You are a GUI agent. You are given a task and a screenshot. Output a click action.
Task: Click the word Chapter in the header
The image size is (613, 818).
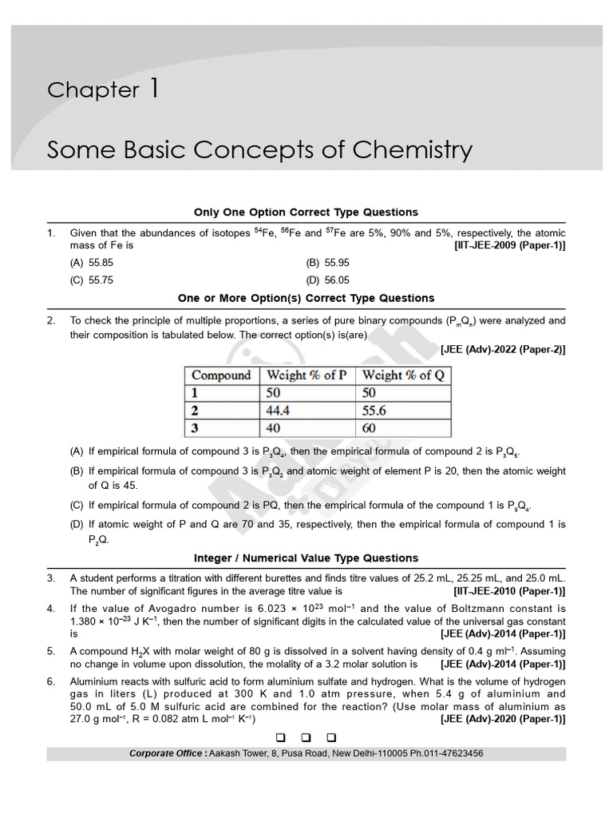click(93, 90)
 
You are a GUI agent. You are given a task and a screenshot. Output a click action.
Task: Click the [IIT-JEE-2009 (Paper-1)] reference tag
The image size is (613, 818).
click(509, 246)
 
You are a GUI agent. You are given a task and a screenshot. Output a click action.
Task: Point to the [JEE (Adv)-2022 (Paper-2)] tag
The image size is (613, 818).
click(503, 350)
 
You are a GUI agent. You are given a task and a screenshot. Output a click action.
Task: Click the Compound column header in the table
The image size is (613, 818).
click(221, 375)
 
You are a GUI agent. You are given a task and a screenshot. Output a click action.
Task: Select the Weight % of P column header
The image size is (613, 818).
click(306, 375)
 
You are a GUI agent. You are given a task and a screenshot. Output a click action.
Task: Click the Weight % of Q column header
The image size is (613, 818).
click(403, 375)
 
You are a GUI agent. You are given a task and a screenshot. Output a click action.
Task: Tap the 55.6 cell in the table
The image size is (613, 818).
click(375, 411)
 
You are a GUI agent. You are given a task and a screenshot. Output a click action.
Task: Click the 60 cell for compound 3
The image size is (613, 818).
click(370, 428)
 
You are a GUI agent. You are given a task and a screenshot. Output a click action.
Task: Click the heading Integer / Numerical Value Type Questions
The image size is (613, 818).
click(306, 558)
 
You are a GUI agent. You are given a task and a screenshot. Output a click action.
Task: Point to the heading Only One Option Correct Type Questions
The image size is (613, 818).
click(306, 212)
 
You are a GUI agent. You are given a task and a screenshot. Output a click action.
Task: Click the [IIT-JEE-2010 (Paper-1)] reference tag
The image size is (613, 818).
click(509, 592)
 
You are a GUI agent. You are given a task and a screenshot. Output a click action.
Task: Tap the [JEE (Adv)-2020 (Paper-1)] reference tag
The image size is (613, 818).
click(503, 719)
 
